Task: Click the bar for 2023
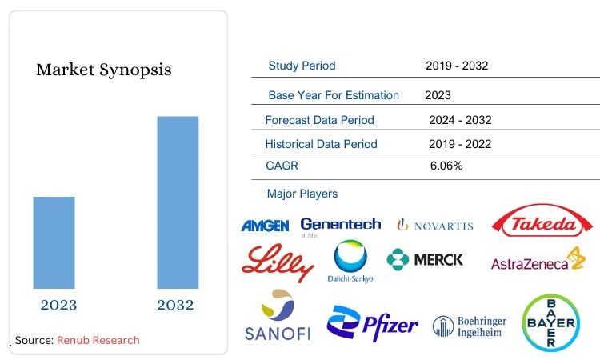[x=54, y=242]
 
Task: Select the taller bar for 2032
[x=178, y=202]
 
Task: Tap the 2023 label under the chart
[x=58, y=305]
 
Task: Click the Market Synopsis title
[x=104, y=70]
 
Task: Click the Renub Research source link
[x=98, y=340]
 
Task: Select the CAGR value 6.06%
[x=446, y=166]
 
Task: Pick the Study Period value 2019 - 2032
[x=457, y=66]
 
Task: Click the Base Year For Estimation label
[x=334, y=95]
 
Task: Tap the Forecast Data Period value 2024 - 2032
[x=460, y=120]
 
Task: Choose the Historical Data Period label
[x=321, y=144]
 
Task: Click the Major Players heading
[x=302, y=194]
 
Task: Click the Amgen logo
[x=265, y=226]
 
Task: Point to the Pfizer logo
[x=372, y=323]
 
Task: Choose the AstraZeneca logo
[x=538, y=262]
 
